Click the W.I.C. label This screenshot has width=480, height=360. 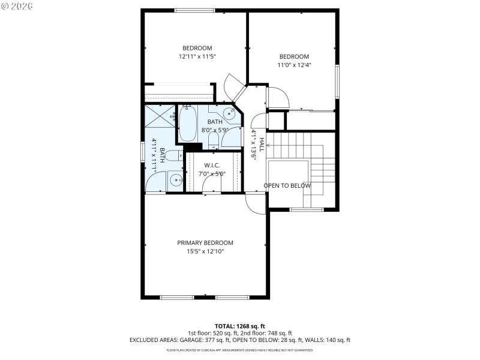(x=212, y=165)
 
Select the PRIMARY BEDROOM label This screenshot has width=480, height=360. (x=205, y=243)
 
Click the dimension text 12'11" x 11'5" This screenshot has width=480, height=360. (x=197, y=56)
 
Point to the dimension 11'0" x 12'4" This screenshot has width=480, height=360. (x=293, y=65)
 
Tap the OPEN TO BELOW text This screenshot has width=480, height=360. (x=287, y=185)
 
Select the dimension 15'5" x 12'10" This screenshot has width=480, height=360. (x=205, y=252)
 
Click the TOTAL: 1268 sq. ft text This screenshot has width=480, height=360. (x=239, y=326)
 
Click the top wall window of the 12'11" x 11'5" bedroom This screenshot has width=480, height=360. (x=194, y=10)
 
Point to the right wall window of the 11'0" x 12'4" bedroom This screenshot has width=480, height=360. (x=337, y=83)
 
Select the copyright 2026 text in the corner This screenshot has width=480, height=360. (x=17, y=6)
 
